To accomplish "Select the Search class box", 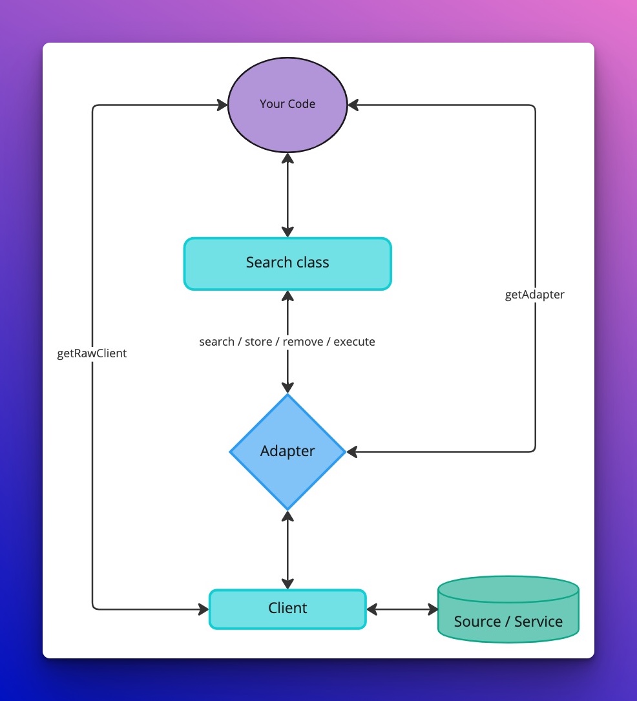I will (287, 263).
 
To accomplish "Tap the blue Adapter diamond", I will (287, 451).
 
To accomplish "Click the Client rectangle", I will (287, 609).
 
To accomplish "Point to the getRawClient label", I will (92, 353).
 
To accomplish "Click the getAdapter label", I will (534, 295).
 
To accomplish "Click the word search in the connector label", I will (216, 342).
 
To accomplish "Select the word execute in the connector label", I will (354, 342).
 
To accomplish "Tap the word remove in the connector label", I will (303, 342).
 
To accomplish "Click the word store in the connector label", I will (258, 342).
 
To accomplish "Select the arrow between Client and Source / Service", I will (402, 609).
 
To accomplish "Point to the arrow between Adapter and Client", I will (287, 549).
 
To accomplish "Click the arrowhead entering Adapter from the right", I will (353, 452).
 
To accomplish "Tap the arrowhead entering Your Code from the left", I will (222, 105).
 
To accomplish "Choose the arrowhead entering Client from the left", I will (203, 609).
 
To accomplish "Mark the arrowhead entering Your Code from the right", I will (353, 105).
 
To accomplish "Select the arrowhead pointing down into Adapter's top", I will (287, 387).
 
